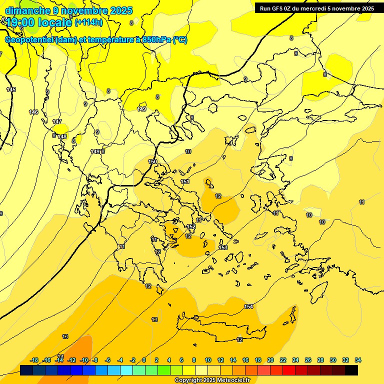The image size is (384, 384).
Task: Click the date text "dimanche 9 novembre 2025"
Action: point(68,10)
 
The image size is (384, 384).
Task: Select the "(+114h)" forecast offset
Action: point(88,22)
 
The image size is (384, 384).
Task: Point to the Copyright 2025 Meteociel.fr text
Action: point(212,380)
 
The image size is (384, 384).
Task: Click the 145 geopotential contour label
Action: point(11,89)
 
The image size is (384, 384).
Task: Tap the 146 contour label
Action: point(33,112)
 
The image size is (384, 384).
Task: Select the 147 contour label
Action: point(57,121)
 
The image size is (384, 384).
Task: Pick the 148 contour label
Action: point(62,136)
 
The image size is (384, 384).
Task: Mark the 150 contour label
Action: point(152,161)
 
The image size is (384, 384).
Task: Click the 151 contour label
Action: point(185,181)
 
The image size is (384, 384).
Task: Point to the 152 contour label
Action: point(191,226)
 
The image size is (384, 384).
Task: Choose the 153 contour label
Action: point(223,247)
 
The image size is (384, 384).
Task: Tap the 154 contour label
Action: point(248,306)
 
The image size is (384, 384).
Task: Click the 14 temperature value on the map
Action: point(61,356)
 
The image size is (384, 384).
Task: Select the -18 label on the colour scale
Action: point(34,360)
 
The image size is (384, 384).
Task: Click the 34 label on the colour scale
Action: point(358,360)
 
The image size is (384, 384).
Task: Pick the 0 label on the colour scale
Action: point(144,360)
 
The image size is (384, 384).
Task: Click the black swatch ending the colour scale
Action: point(351,370)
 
